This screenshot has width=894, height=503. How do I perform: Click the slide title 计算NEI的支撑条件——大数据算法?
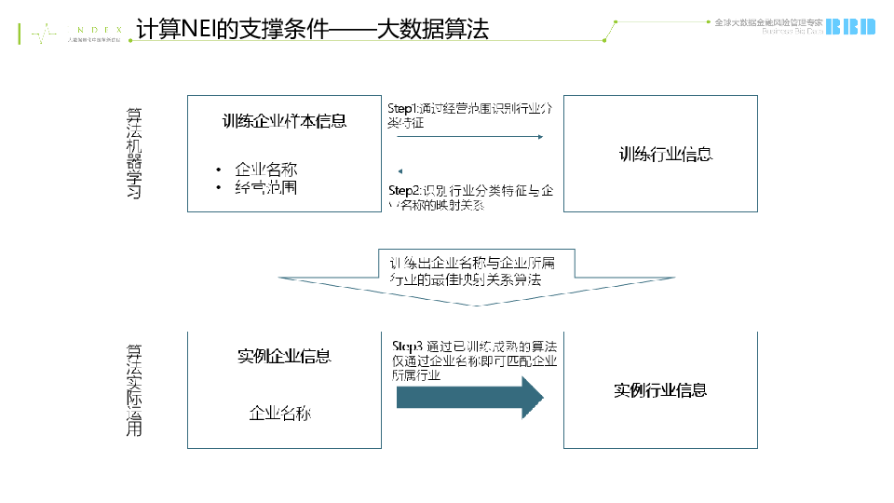[x=313, y=29]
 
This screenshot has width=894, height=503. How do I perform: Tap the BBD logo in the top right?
[x=851, y=26]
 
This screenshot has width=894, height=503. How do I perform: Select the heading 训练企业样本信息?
[x=284, y=120]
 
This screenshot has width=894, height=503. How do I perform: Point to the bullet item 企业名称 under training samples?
[x=265, y=170]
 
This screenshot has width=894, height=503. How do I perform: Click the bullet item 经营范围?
[x=265, y=188]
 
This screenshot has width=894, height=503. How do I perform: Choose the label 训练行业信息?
[x=666, y=154]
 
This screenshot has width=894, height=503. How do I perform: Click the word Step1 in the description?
[x=403, y=109]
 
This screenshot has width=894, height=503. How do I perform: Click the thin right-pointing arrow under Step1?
[x=469, y=137]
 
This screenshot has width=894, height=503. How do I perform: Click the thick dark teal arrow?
[x=469, y=398]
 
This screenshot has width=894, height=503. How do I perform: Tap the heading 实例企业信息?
[x=284, y=357]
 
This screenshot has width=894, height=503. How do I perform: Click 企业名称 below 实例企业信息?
[x=279, y=412]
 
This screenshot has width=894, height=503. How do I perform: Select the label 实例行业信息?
[x=660, y=390]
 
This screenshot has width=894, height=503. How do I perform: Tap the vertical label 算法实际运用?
[x=134, y=390]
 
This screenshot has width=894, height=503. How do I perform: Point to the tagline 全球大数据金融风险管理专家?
[x=768, y=20]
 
